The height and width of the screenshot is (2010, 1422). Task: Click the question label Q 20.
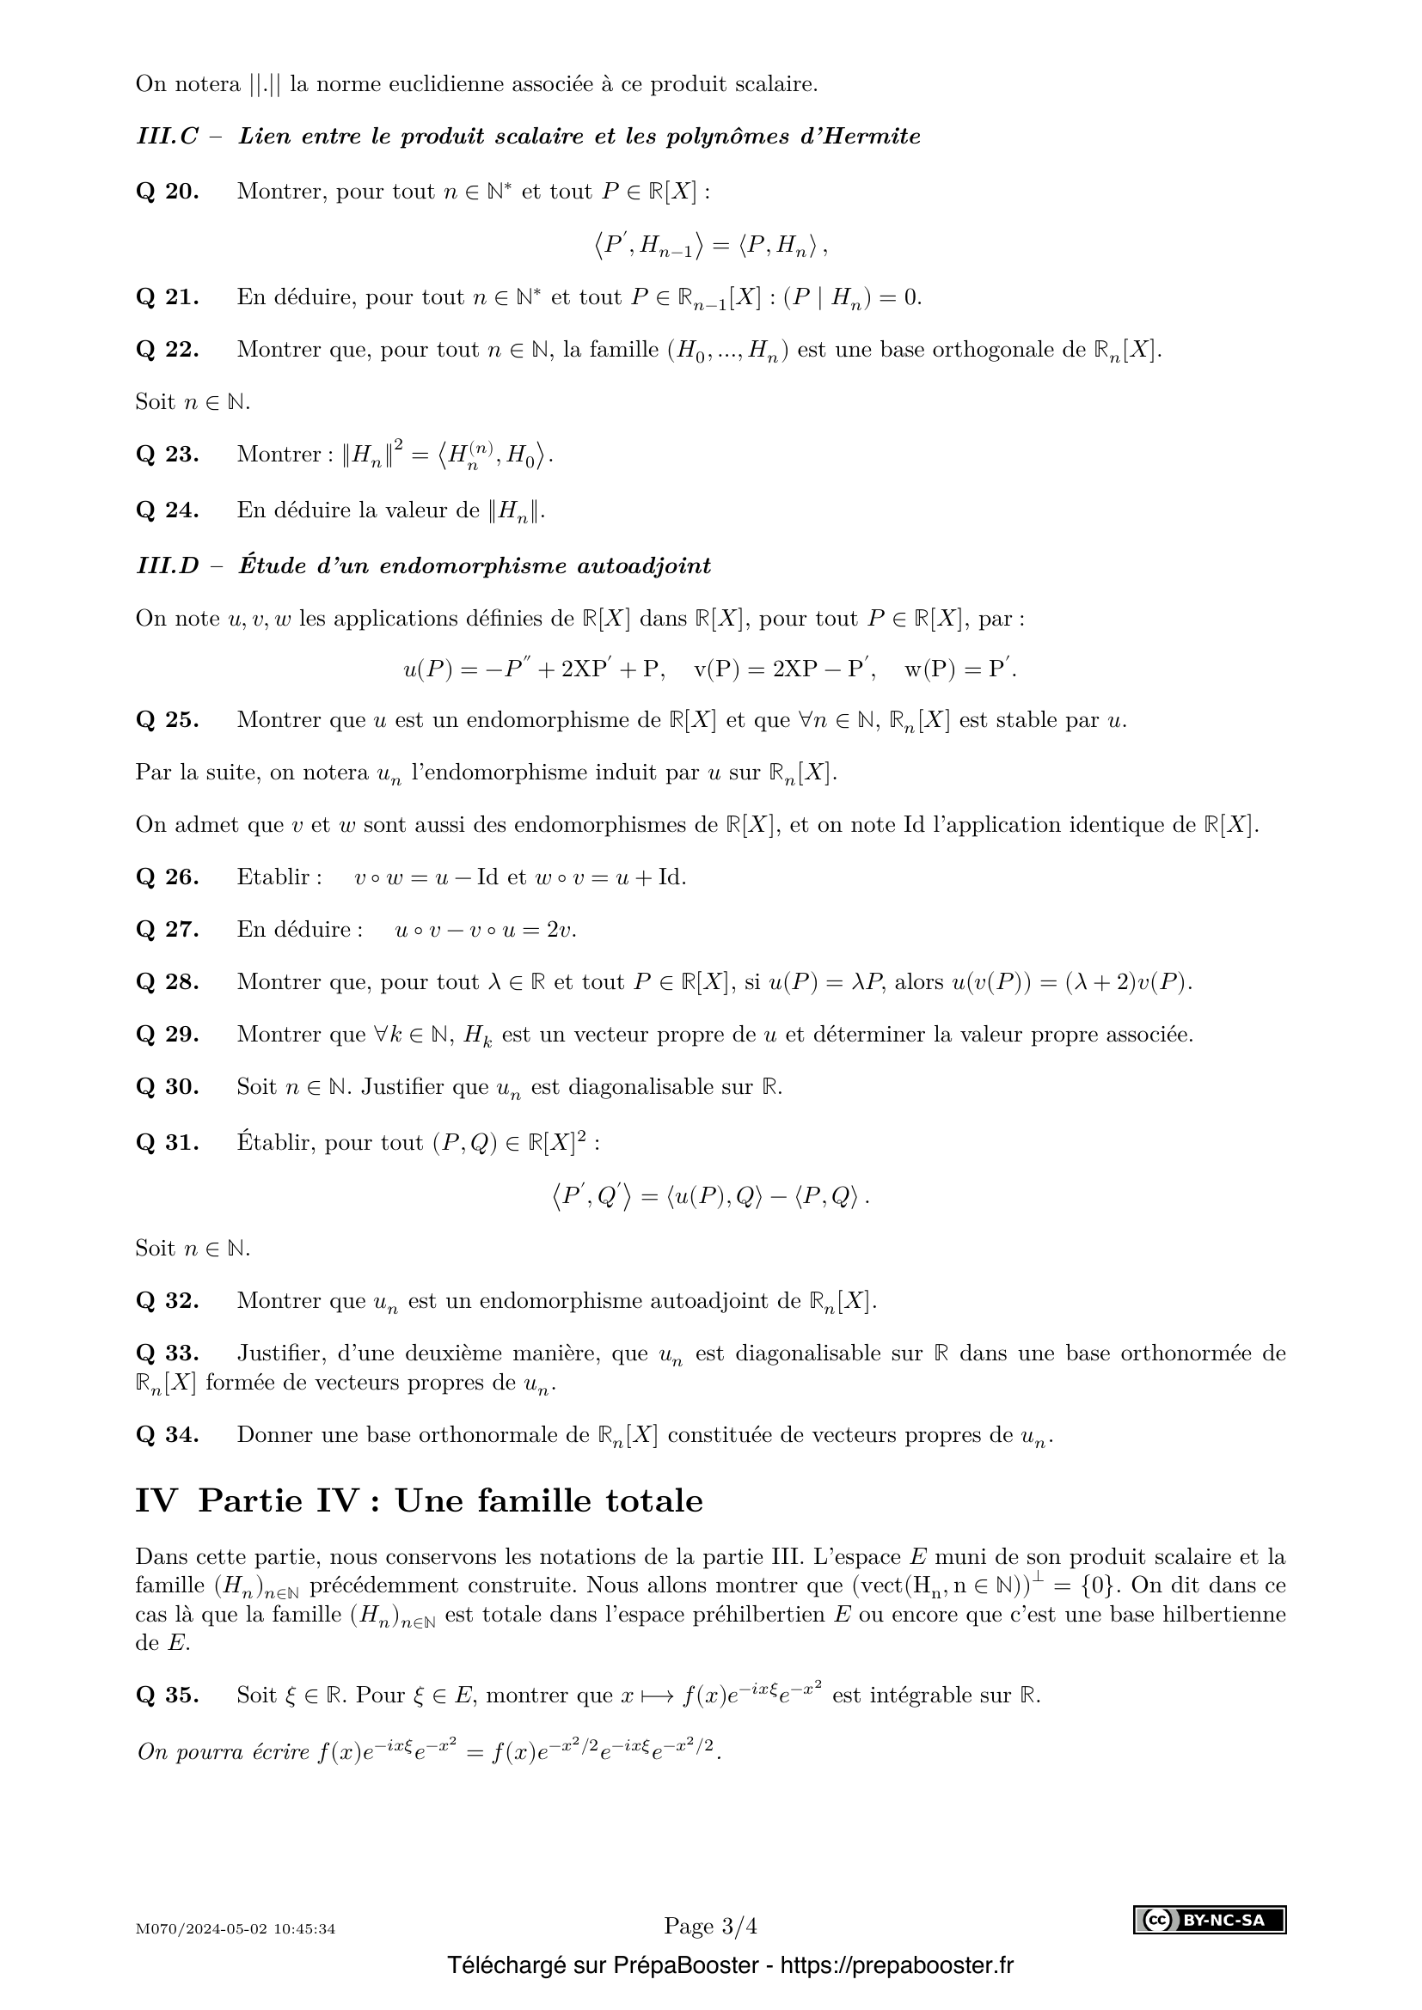pyautogui.click(x=168, y=192)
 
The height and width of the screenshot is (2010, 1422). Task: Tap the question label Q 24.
pyautogui.click(x=168, y=510)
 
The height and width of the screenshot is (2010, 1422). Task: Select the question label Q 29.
pyautogui.click(x=168, y=1035)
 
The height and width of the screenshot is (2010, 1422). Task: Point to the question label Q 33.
pyautogui.click(x=168, y=1353)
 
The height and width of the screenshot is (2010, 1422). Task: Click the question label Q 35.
pyautogui.click(x=168, y=1695)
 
